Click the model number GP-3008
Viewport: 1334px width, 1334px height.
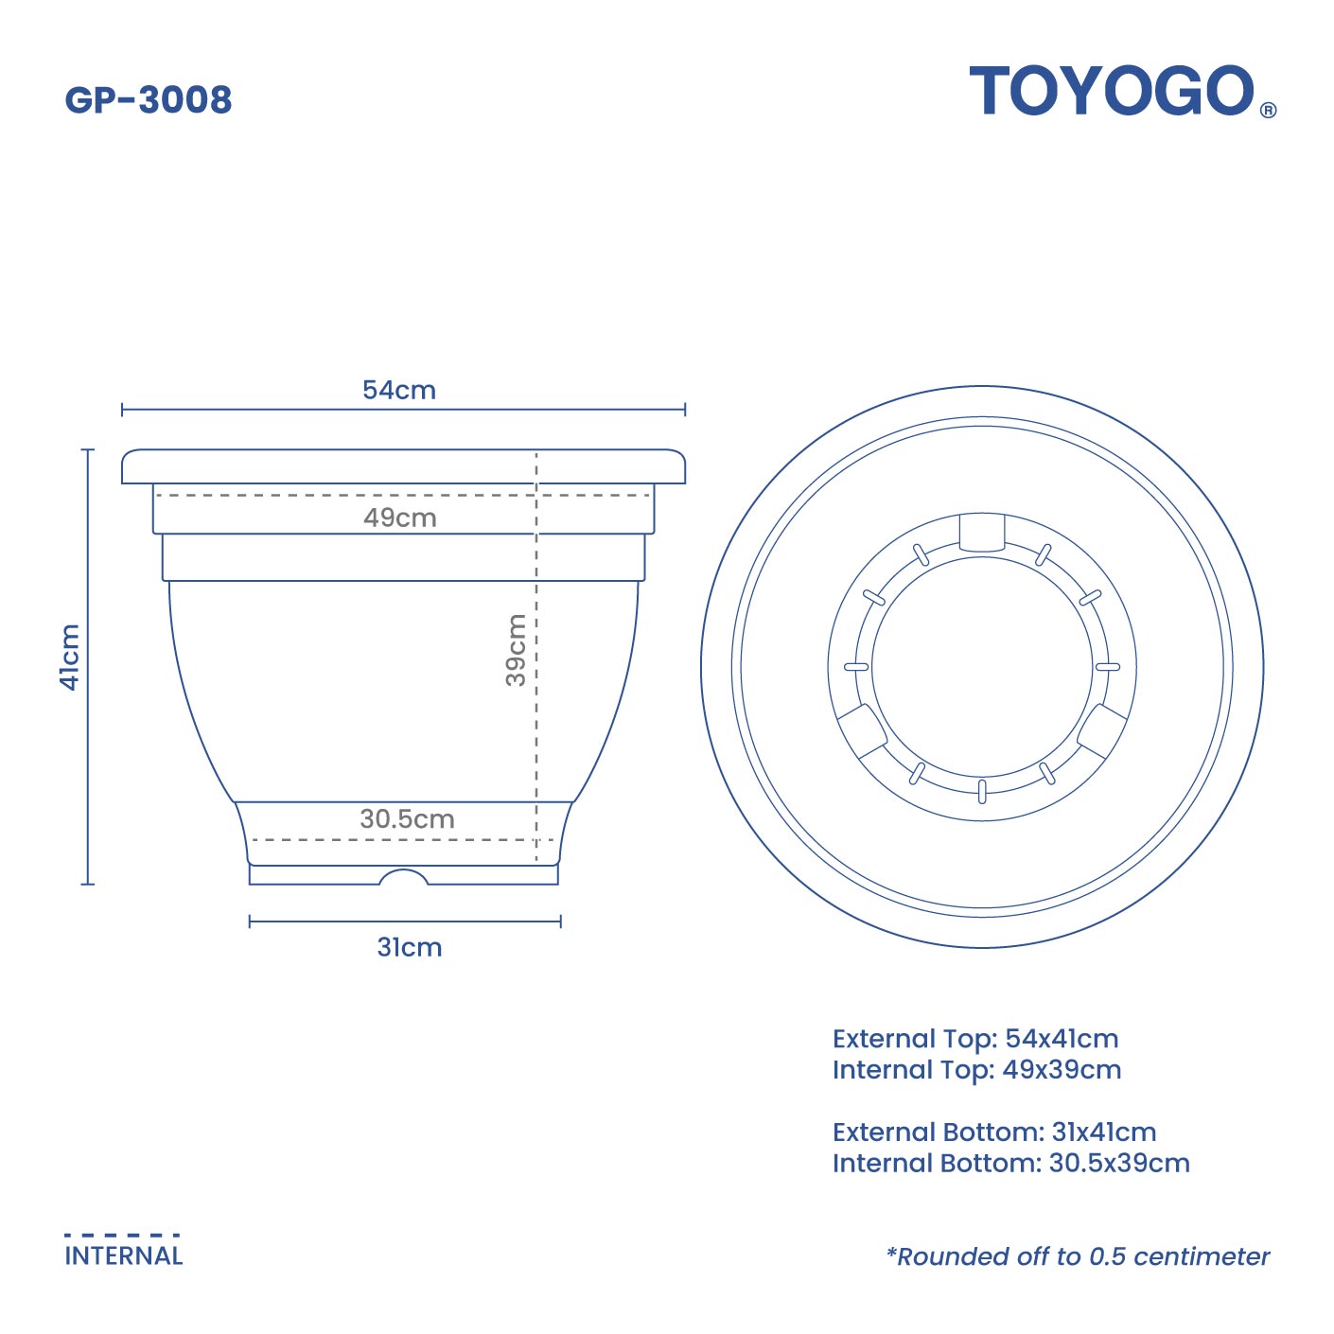click(x=149, y=99)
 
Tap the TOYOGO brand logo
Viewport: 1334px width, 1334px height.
click(x=1112, y=92)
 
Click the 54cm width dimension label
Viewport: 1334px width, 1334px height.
click(x=399, y=390)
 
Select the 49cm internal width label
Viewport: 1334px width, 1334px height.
click(x=400, y=518)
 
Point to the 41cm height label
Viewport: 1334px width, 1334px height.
click(x=70, y=657)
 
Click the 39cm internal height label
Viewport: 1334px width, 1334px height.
click(x=516, y=649)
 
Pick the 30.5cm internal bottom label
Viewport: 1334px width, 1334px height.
click(x=407, y=818)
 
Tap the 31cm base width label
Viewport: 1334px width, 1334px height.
click(x=410, y=947)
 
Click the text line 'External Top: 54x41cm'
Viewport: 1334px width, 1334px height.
click(x=975, y=1039)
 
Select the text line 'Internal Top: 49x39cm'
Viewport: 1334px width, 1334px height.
click(x=976, y=1070)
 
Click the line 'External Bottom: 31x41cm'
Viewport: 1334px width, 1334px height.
click(x=994, y=1132)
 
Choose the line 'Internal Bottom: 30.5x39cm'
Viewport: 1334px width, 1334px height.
click(x=1010, y=1163)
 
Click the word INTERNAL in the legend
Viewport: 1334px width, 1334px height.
click(x=124, y=1256)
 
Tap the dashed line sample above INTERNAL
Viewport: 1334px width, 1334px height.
click(x=122, y=1235)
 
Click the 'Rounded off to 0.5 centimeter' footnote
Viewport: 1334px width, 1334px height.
click(x=1078, y=1256)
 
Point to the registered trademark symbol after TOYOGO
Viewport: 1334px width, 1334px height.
click(x=1269, y=110)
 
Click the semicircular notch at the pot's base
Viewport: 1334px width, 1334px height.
click(x=404, y=877)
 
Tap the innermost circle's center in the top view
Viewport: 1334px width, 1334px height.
click(x=982, y=667)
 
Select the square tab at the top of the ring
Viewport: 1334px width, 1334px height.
click(x=981, y=533)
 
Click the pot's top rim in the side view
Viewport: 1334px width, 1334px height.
click(x=403, y=467)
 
